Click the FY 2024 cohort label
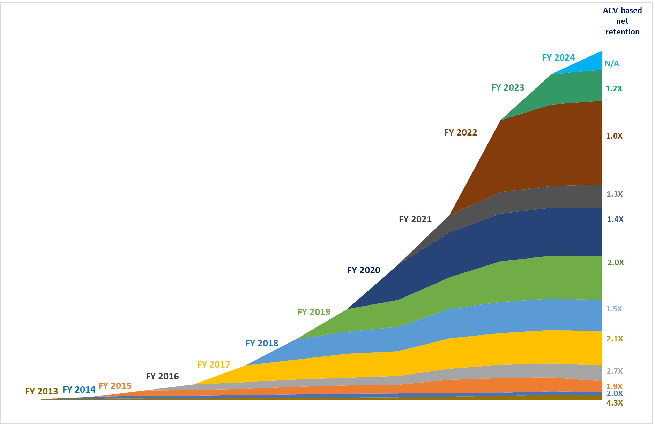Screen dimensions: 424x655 [x=558, y=57]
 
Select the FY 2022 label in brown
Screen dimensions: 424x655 [x=460, y=132]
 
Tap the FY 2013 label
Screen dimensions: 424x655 [x=41, y=391]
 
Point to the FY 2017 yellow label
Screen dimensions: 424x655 [x=213, y=364]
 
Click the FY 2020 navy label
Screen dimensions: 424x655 [x=363, y=270]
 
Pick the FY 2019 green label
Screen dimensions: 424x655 [x=313, y=312]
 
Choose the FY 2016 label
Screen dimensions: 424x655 [x=162, y=376]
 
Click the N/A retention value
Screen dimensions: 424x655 [x=611, y=63]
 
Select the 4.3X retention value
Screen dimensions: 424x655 [x=614, y=403]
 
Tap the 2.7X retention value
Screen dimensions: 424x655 [x=614, y=371]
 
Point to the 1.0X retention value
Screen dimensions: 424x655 [x=614, y=136]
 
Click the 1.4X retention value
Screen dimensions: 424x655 [x=615, y=219]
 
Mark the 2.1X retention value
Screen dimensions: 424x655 [x=614, y=339]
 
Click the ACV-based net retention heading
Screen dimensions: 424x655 [x=622, y=21]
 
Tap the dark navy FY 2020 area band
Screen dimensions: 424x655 [x=523, y=237]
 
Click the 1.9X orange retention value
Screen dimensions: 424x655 [x=614, y=386]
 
